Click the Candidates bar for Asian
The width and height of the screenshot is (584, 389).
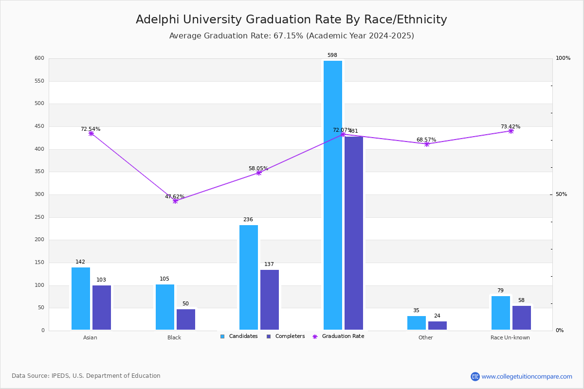(81, 299)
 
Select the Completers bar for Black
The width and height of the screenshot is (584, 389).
(186, 319)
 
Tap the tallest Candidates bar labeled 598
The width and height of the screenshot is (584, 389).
(333, 194)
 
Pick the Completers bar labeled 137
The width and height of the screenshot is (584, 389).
(270, 300)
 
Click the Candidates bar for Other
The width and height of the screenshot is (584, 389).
(417, 323)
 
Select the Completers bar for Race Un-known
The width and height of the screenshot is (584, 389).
(522, 318)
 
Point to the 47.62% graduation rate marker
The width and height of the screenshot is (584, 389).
(175, 201)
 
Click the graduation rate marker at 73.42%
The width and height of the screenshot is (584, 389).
(511, 131)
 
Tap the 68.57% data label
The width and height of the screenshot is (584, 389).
(426, 140)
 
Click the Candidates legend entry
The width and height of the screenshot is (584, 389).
(239, 336)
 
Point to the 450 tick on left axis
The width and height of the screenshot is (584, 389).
(39, 126)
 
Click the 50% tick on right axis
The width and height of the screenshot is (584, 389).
(561, 194)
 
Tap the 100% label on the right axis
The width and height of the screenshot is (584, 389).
(563, 58)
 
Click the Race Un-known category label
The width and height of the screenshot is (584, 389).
(510, 337)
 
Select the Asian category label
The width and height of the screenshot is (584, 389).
(90, 337)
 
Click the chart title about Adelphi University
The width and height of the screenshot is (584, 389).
(291, 20)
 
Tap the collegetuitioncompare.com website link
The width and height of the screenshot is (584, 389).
(527, 376)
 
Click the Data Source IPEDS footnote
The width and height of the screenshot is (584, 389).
(86, 376)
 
